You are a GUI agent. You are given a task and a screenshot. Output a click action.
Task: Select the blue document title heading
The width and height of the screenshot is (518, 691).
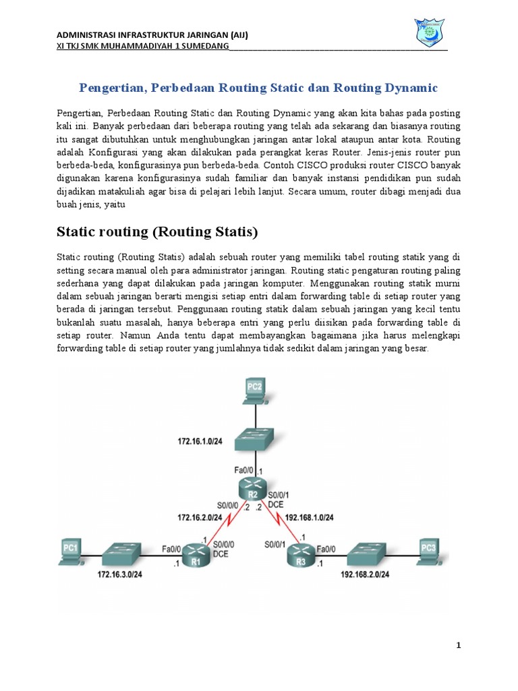[258, 88]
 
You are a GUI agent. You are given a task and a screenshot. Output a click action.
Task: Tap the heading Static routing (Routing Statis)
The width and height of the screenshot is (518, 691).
[156, 232]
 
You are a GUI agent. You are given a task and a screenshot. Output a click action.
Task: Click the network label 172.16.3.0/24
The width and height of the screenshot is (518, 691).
[119, 574]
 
